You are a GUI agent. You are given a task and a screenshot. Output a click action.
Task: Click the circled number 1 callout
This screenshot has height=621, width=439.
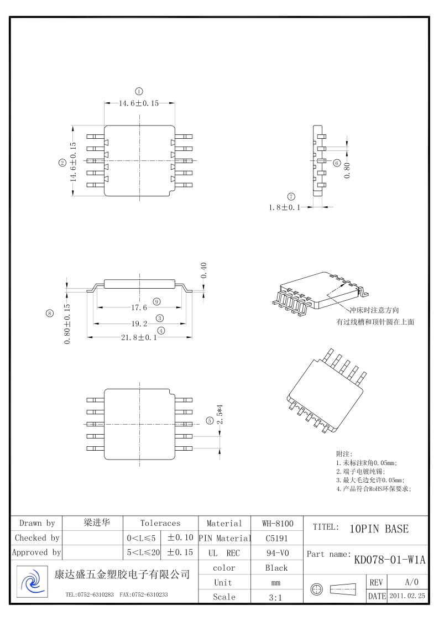click(x=139, y=91)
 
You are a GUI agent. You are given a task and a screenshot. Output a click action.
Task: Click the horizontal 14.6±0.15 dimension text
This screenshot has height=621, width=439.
click(x=139, y=103)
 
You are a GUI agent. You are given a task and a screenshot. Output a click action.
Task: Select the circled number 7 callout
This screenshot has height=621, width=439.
click(x=291, y=196)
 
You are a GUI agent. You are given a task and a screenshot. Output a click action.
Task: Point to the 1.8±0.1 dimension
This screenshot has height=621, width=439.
click(x=284, y=208)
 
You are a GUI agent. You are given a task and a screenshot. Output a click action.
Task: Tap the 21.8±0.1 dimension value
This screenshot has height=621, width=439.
click(x=139, y=337)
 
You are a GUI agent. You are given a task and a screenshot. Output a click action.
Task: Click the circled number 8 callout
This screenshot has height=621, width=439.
click(x=50, y=314)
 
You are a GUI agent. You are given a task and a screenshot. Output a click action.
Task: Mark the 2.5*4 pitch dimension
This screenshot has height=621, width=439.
click(x=219, y=414)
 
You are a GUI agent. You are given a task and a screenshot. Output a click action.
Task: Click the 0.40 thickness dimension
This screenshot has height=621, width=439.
click(x=204, y=270)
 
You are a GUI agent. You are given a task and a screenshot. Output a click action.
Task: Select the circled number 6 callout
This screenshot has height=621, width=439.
click(x=337, y=163)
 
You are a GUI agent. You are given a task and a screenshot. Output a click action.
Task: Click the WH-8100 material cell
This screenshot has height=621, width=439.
click(x=278, y=523)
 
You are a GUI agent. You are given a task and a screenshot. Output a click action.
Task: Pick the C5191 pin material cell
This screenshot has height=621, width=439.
click(x=276, y=537)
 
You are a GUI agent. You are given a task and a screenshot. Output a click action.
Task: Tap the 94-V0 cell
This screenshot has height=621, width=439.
click(x=276, y=552)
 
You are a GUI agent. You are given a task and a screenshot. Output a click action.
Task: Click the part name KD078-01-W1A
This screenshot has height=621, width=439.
click(x=389, y=560)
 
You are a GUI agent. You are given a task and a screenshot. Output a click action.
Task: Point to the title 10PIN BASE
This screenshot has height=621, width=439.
click(x=379, y=529)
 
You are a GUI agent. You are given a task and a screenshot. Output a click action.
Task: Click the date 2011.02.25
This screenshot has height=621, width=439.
click(x=407, y=596)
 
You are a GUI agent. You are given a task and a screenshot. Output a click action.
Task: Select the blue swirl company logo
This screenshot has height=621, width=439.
click(x=32, y=582)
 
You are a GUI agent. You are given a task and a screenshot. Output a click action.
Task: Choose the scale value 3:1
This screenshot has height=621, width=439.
click(x=276, y=597)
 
